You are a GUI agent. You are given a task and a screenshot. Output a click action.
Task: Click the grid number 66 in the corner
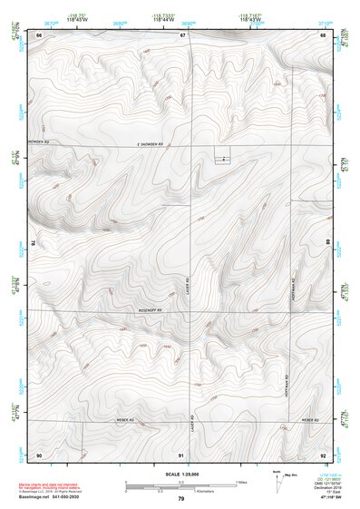tap(39, 34)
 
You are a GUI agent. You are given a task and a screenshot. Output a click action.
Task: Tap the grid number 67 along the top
tap(182, 34)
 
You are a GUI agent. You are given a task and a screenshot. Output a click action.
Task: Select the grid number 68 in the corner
tap(323, 34)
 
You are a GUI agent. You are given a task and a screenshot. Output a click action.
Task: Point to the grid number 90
tap(39, 454)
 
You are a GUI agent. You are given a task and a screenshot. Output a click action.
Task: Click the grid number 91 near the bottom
tap(181, 454)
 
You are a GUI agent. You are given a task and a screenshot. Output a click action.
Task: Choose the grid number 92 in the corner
tap(323, 454)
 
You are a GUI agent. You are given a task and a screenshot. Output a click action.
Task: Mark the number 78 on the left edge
tap(33, 243)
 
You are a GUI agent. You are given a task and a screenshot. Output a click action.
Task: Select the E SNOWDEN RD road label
tap(166, 143)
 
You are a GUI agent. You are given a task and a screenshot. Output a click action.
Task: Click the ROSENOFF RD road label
tap(149, 310)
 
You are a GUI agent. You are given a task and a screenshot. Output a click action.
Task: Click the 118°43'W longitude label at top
tap(251, 18)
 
